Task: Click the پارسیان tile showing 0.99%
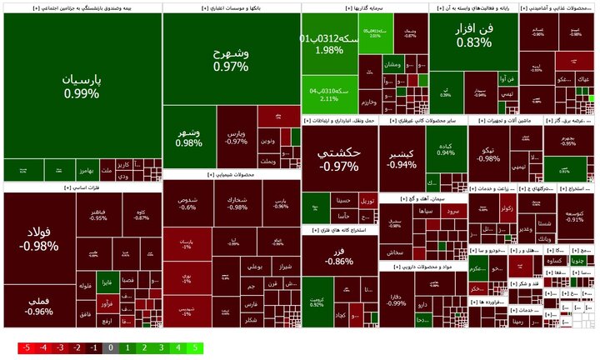(82, 87)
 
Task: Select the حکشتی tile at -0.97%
(339, 159)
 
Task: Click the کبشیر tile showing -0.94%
(402, 159)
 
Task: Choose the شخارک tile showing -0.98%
(237, 202)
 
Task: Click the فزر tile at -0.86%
(338, 256)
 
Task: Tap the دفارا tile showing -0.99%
(397, 297)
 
